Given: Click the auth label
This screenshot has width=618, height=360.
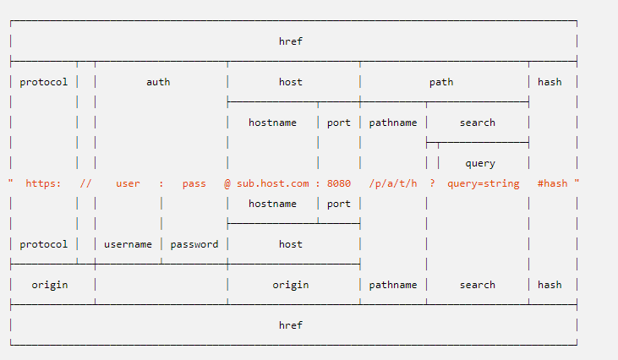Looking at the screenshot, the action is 158,82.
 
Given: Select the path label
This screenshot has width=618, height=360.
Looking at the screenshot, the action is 441,82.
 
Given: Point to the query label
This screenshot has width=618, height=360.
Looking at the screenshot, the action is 480,163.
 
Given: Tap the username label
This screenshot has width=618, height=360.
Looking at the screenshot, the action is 128,244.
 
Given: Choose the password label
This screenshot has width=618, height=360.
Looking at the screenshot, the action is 194,244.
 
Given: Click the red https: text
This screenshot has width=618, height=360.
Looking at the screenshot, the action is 43,183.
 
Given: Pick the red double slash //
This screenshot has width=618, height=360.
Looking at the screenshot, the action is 85,183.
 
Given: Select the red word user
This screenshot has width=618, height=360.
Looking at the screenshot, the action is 128,183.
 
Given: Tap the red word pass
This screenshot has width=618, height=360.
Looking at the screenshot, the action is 194,184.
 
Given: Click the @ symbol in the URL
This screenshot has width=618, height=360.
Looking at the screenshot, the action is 227,183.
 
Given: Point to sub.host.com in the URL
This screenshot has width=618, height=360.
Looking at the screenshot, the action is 273,183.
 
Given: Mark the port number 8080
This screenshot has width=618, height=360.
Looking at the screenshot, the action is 339,183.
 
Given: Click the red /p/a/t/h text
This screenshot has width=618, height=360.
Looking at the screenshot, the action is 393,183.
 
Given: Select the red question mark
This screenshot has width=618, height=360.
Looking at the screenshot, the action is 432,183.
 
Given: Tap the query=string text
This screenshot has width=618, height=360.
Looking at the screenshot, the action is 484,183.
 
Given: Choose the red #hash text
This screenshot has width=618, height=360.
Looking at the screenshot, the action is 553,183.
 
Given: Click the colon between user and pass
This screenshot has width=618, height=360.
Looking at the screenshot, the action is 161,184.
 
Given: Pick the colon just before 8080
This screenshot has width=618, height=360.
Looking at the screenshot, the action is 318,184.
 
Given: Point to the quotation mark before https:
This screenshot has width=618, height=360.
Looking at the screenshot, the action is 11,181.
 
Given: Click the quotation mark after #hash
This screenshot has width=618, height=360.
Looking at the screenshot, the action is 577,181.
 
